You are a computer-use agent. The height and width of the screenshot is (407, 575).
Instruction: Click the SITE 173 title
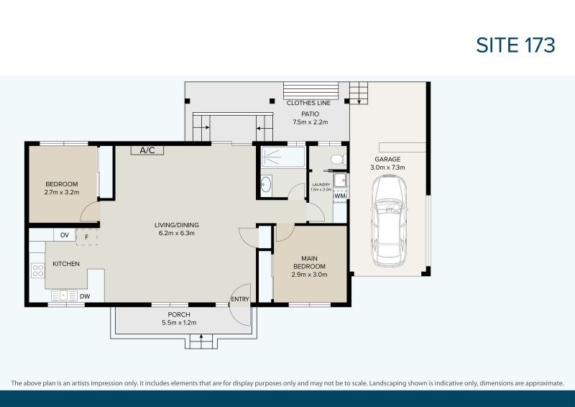coord(515,45)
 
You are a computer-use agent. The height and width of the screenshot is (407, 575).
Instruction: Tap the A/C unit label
coord(147,150)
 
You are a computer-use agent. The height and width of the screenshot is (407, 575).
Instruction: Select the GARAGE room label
coord(387,159)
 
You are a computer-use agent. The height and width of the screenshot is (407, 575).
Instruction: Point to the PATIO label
coord(310,114)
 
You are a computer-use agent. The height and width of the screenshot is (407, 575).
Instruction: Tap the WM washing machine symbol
coord(340,196)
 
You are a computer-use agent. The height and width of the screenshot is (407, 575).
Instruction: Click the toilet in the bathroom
coord(335,158)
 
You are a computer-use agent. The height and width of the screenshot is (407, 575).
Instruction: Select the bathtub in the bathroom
coord(282,158)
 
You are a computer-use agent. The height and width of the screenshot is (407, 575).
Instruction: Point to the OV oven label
coord(64,235)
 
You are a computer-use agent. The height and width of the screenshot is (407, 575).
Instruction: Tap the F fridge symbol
coord(87,236)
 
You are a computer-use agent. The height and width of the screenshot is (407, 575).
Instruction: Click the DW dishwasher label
coord(85,296)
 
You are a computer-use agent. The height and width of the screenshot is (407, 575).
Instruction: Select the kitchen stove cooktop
coord(38,271)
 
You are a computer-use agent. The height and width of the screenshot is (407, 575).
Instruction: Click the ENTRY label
coord(239,299)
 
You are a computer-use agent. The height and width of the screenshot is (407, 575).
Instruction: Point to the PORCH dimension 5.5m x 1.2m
coord(179,323)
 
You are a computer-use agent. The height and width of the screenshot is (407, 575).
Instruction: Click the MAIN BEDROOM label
coord(309,266)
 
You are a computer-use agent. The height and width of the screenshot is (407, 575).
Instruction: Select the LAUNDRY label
coord(321,185)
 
